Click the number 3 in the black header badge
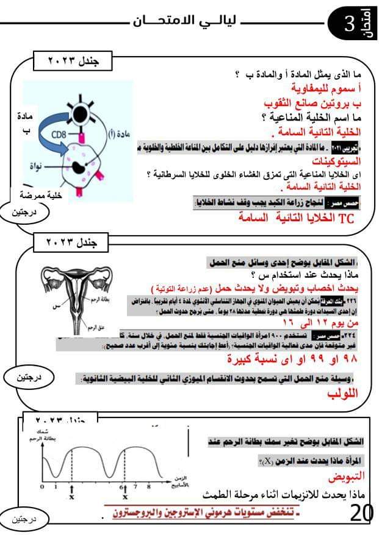[x=349, y=24]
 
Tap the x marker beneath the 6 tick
[x=125, y=498]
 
